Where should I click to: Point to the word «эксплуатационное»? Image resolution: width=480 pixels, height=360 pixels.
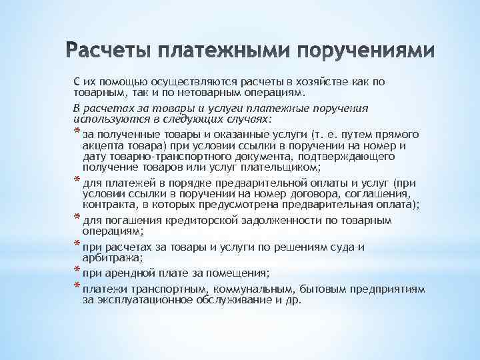tap(140, 300)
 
